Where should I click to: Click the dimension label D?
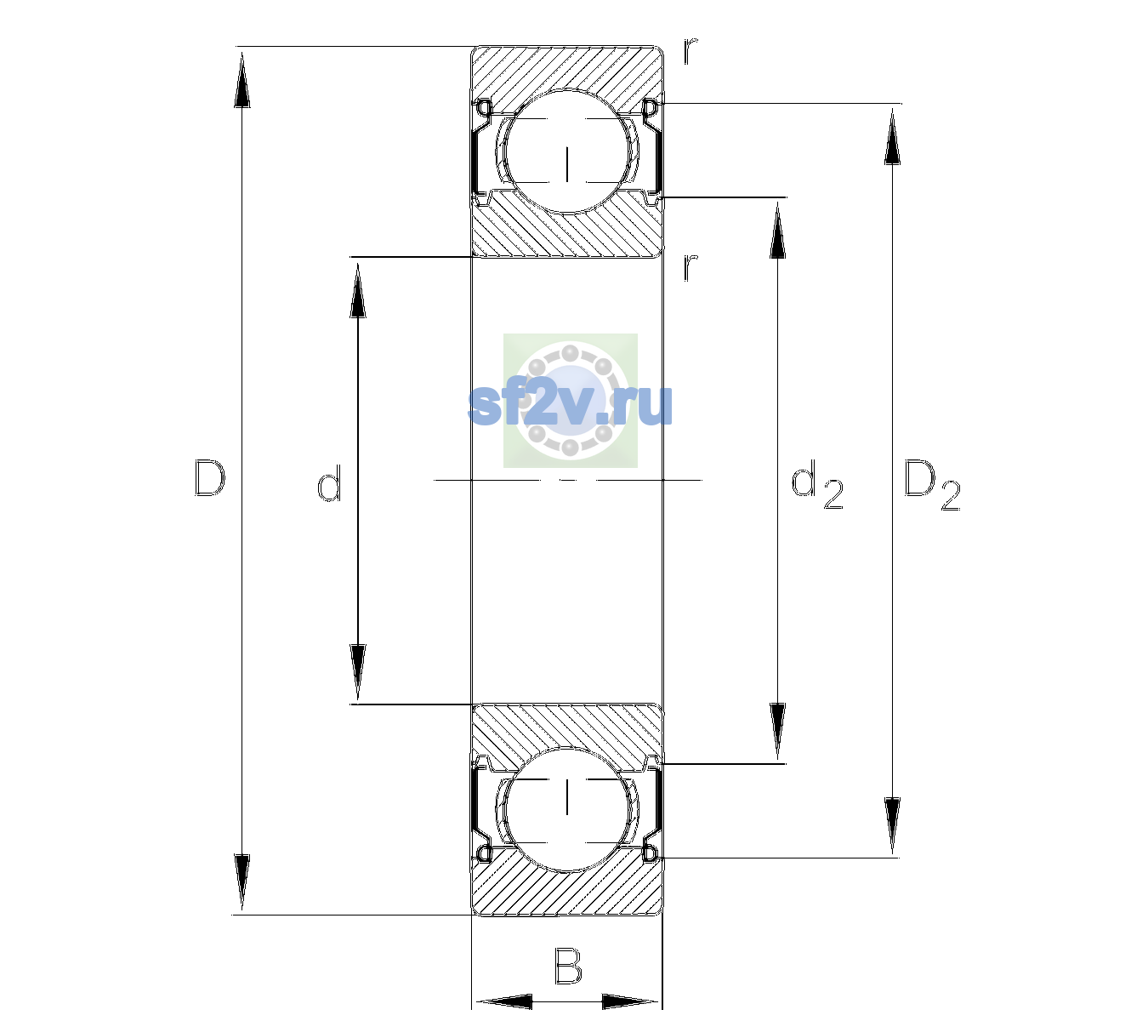click(x=210, y=478)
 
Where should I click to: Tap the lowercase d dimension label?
click(x=329, y=483)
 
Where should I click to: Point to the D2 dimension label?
click(x=932, y=485)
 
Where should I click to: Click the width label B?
click(x=568, y=966)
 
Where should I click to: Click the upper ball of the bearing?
click(x=566, y=151)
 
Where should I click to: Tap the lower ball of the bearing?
click(x=566, y=809)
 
